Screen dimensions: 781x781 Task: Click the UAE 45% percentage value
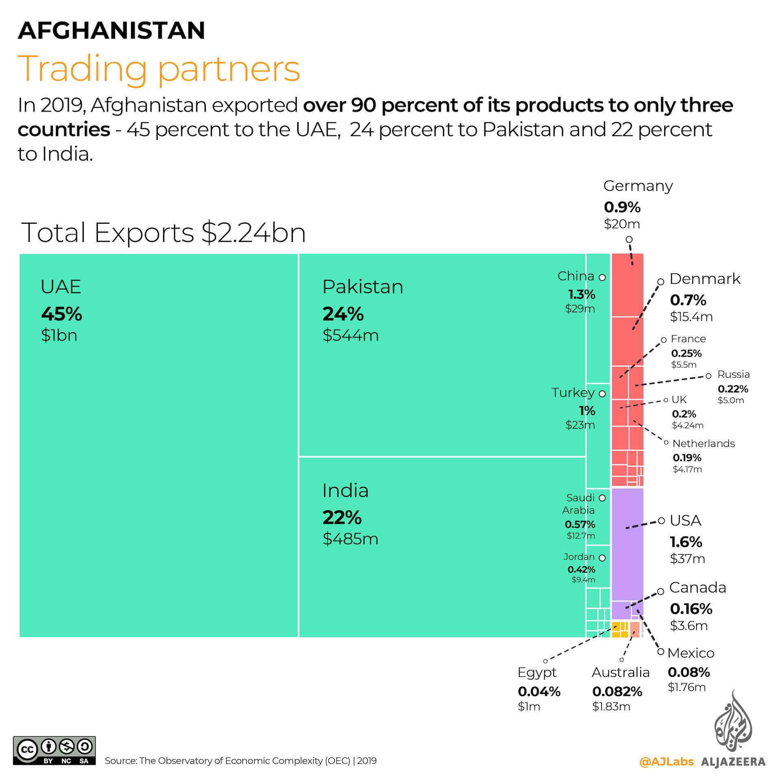click(61, 314)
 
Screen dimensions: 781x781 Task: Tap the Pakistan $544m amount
click(350, 335)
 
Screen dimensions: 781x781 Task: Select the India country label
click(345, 490)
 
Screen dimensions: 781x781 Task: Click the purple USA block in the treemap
click(627, 544)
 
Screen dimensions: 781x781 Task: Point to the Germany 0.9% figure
click(622, 207)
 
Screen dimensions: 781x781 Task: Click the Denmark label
click(705, 279)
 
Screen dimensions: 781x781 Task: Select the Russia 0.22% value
click(733, 389)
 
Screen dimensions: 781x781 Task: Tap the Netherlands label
click(703, 443)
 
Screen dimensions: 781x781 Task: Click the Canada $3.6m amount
click(689, 625)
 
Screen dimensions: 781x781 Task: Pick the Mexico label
click(691, 653)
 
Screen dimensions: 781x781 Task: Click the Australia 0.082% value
click(617, 692)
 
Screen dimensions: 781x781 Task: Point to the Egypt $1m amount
click(529, 707)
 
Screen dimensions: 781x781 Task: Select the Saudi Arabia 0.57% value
click(580, 524)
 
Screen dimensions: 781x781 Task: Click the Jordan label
click(579, 557)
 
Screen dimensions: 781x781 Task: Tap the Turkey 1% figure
click(587, 411)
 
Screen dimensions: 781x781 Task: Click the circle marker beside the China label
click(602, 277)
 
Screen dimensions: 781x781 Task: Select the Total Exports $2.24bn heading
click(163, 233)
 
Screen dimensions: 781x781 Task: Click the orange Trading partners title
click(159, 69)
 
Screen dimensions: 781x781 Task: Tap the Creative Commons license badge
click(54, 750)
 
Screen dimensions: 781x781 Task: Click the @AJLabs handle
click(666, 761)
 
